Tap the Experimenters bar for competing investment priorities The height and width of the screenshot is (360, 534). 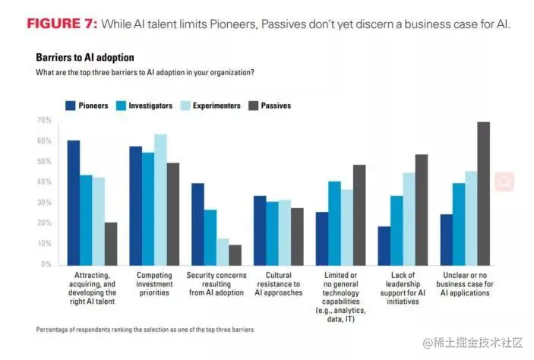160,199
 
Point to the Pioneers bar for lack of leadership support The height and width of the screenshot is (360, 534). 384,245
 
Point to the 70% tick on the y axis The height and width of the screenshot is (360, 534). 44,121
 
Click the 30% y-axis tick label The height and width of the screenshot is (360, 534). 44,203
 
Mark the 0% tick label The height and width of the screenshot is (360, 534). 46,264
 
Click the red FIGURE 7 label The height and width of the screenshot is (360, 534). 62,24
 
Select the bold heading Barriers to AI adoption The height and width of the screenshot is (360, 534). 84,58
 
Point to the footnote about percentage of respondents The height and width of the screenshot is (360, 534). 144,330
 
